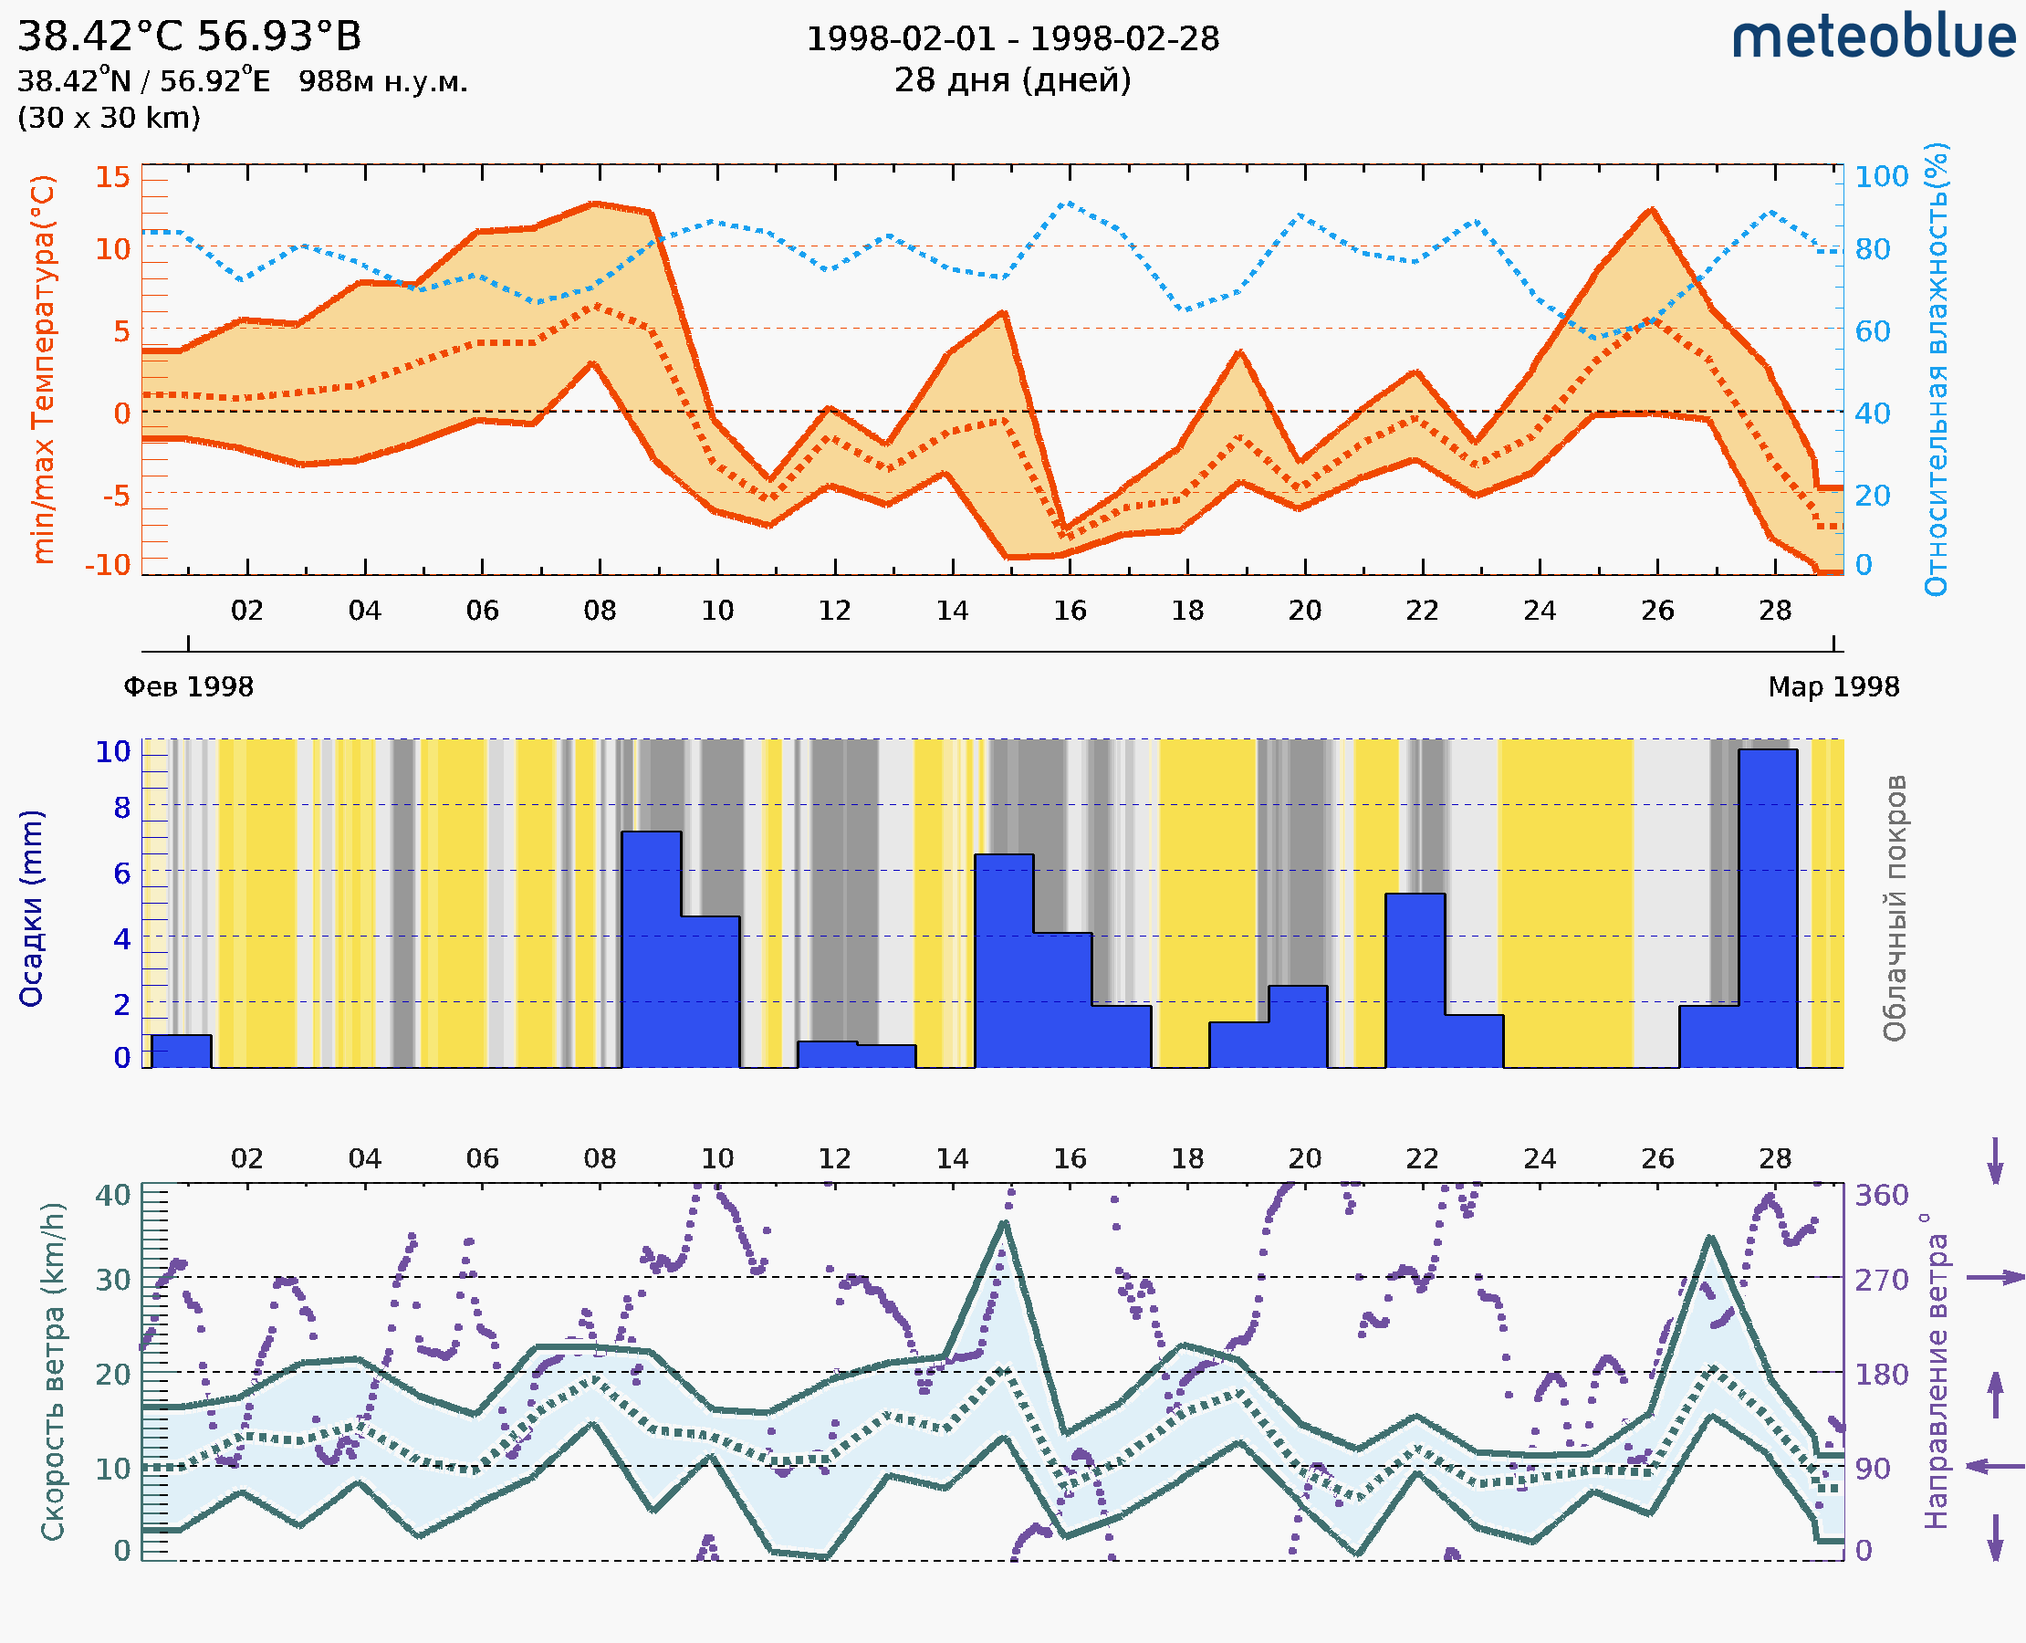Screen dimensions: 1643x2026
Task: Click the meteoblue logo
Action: [1873, 37]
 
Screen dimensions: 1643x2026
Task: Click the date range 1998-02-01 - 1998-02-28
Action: [1012, 39]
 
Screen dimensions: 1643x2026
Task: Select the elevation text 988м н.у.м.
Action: [382, 81]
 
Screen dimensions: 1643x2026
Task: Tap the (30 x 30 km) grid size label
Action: [109, 118]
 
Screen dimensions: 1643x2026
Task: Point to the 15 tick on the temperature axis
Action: [112, 176]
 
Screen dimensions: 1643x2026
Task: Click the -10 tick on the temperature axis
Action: [108, 564]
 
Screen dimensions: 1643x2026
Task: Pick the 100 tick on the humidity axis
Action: [1881, 176]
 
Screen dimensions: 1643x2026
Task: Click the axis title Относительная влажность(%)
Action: [1936, 369]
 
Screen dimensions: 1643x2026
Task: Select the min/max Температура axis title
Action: [43, 369]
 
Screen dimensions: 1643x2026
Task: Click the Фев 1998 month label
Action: [188, 686]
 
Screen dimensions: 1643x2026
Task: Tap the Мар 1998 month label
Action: [1833, 686]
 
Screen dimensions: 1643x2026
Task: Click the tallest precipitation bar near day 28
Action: [1768, 907]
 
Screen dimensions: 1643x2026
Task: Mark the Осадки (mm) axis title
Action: [30, 907]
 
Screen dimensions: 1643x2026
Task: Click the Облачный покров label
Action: [1894, 907]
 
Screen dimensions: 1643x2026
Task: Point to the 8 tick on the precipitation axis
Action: [121, 807]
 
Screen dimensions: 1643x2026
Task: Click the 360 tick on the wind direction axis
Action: [1881, 1195]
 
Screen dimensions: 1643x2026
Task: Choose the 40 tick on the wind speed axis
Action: [112, 1195]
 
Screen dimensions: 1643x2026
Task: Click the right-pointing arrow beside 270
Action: [1995, 1278]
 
